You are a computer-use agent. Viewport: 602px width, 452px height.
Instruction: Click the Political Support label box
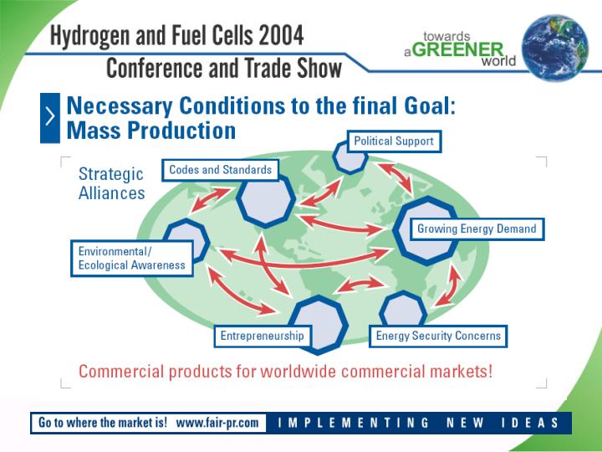pyautogui.click(x=394, y=141)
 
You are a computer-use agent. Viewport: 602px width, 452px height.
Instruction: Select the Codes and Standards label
pyautogui.click(x=220, y=170)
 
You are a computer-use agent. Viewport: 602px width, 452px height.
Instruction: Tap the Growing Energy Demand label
pyautogui.click(x=477, y=229)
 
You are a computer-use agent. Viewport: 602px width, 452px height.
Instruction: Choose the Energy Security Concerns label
pyautogui.click(x=438, y=336)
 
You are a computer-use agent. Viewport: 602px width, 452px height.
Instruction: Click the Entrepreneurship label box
pyautogui.click(x=263, y=336)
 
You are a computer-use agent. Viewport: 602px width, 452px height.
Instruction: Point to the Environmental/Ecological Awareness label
pyautogui.click(x=132, y=259)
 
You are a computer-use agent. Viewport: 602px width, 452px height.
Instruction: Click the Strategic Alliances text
pyautogui.click(x=111, y=183)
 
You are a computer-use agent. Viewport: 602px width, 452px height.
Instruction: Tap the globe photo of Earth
pyautogui.click(x=554, y=48)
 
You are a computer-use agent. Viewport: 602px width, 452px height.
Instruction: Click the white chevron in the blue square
pyautogui.click(x=50, y=116)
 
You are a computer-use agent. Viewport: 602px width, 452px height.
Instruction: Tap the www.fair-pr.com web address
pyautogui.click(x=217, y=423)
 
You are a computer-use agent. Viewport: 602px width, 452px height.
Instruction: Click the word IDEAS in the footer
pyautogui.click(x=530, y=423)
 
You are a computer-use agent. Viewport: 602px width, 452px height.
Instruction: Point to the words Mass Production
pyautogui.click(x=150, y=131)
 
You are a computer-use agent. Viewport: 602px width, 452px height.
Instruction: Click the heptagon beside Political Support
pyautogui.click(x=349, y=157)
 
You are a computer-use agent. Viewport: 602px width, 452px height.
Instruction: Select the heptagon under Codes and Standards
pyautogui.click(x=266, y=201)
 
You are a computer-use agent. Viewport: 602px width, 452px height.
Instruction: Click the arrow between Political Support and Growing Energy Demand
pyautogui.click(x=395, y=179)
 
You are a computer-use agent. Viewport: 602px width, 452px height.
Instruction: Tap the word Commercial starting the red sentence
pyautogui.click(x=122, y=372)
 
